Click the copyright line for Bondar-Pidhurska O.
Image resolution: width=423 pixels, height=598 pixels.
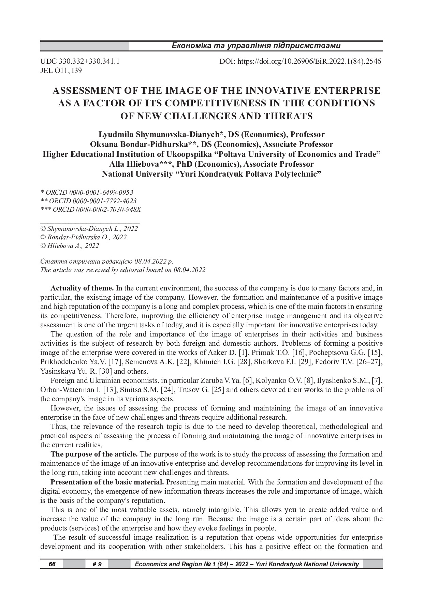pos(84,237)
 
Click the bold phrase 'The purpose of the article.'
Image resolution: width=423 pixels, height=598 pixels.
pos(94,454)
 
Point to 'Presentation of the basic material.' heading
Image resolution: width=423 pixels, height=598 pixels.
pos(107,482)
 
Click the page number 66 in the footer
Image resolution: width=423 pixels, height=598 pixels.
pos(52,564)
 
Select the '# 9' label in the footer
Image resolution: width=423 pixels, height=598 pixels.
pos(97,564)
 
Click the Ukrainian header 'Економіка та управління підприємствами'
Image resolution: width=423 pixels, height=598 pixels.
pos(256,46)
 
